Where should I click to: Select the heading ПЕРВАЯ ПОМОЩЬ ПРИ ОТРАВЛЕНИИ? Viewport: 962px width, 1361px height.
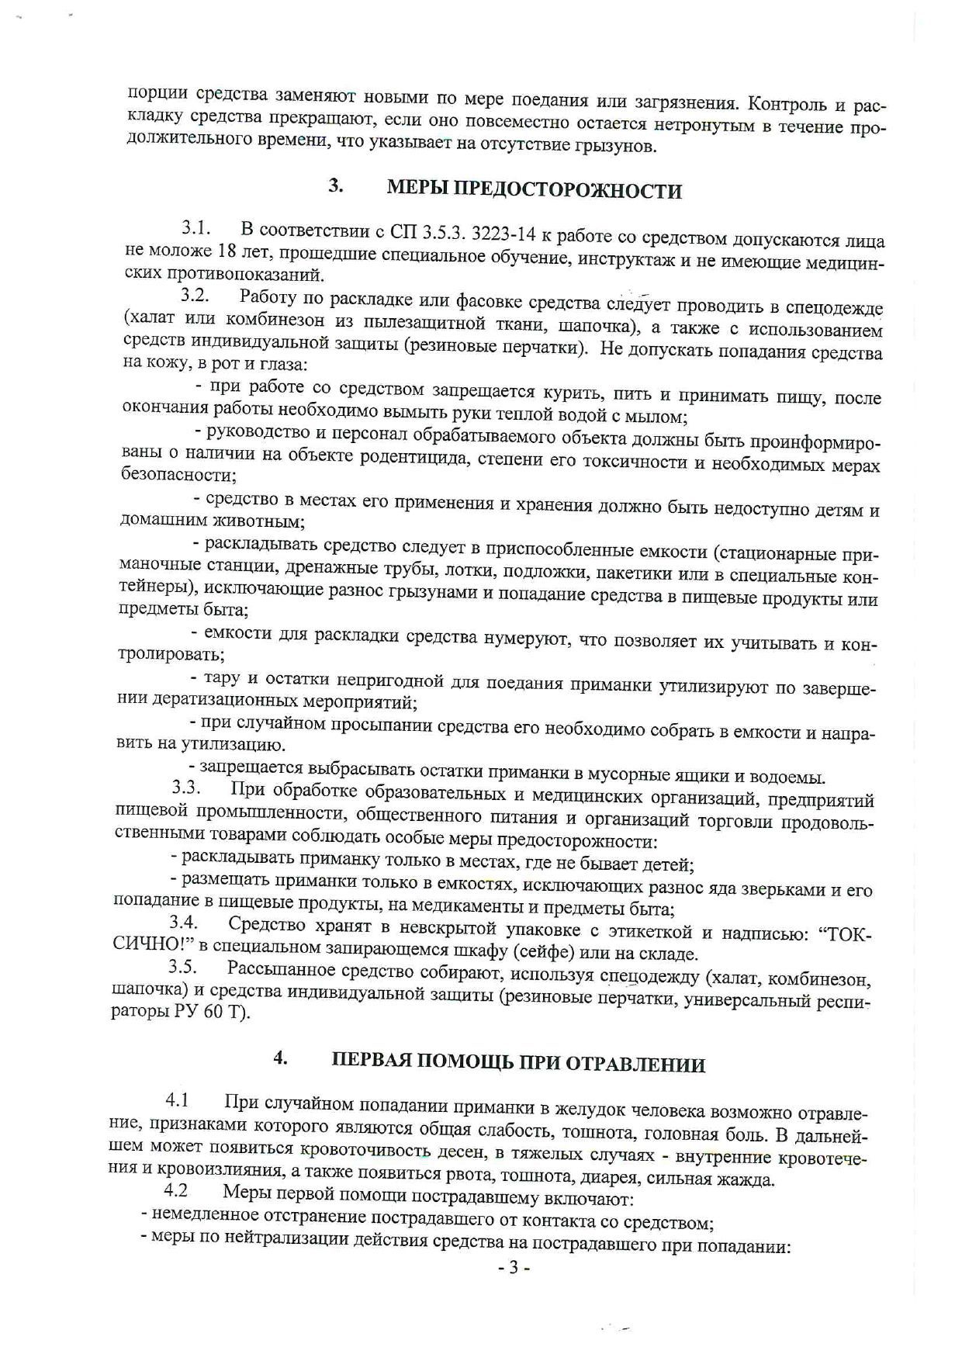click(518, 1063)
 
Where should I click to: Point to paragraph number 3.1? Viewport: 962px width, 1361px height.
click(197, 228)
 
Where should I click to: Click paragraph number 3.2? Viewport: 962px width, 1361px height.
click(196, 296)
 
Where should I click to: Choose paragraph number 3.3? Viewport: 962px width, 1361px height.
click(186, 789)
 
